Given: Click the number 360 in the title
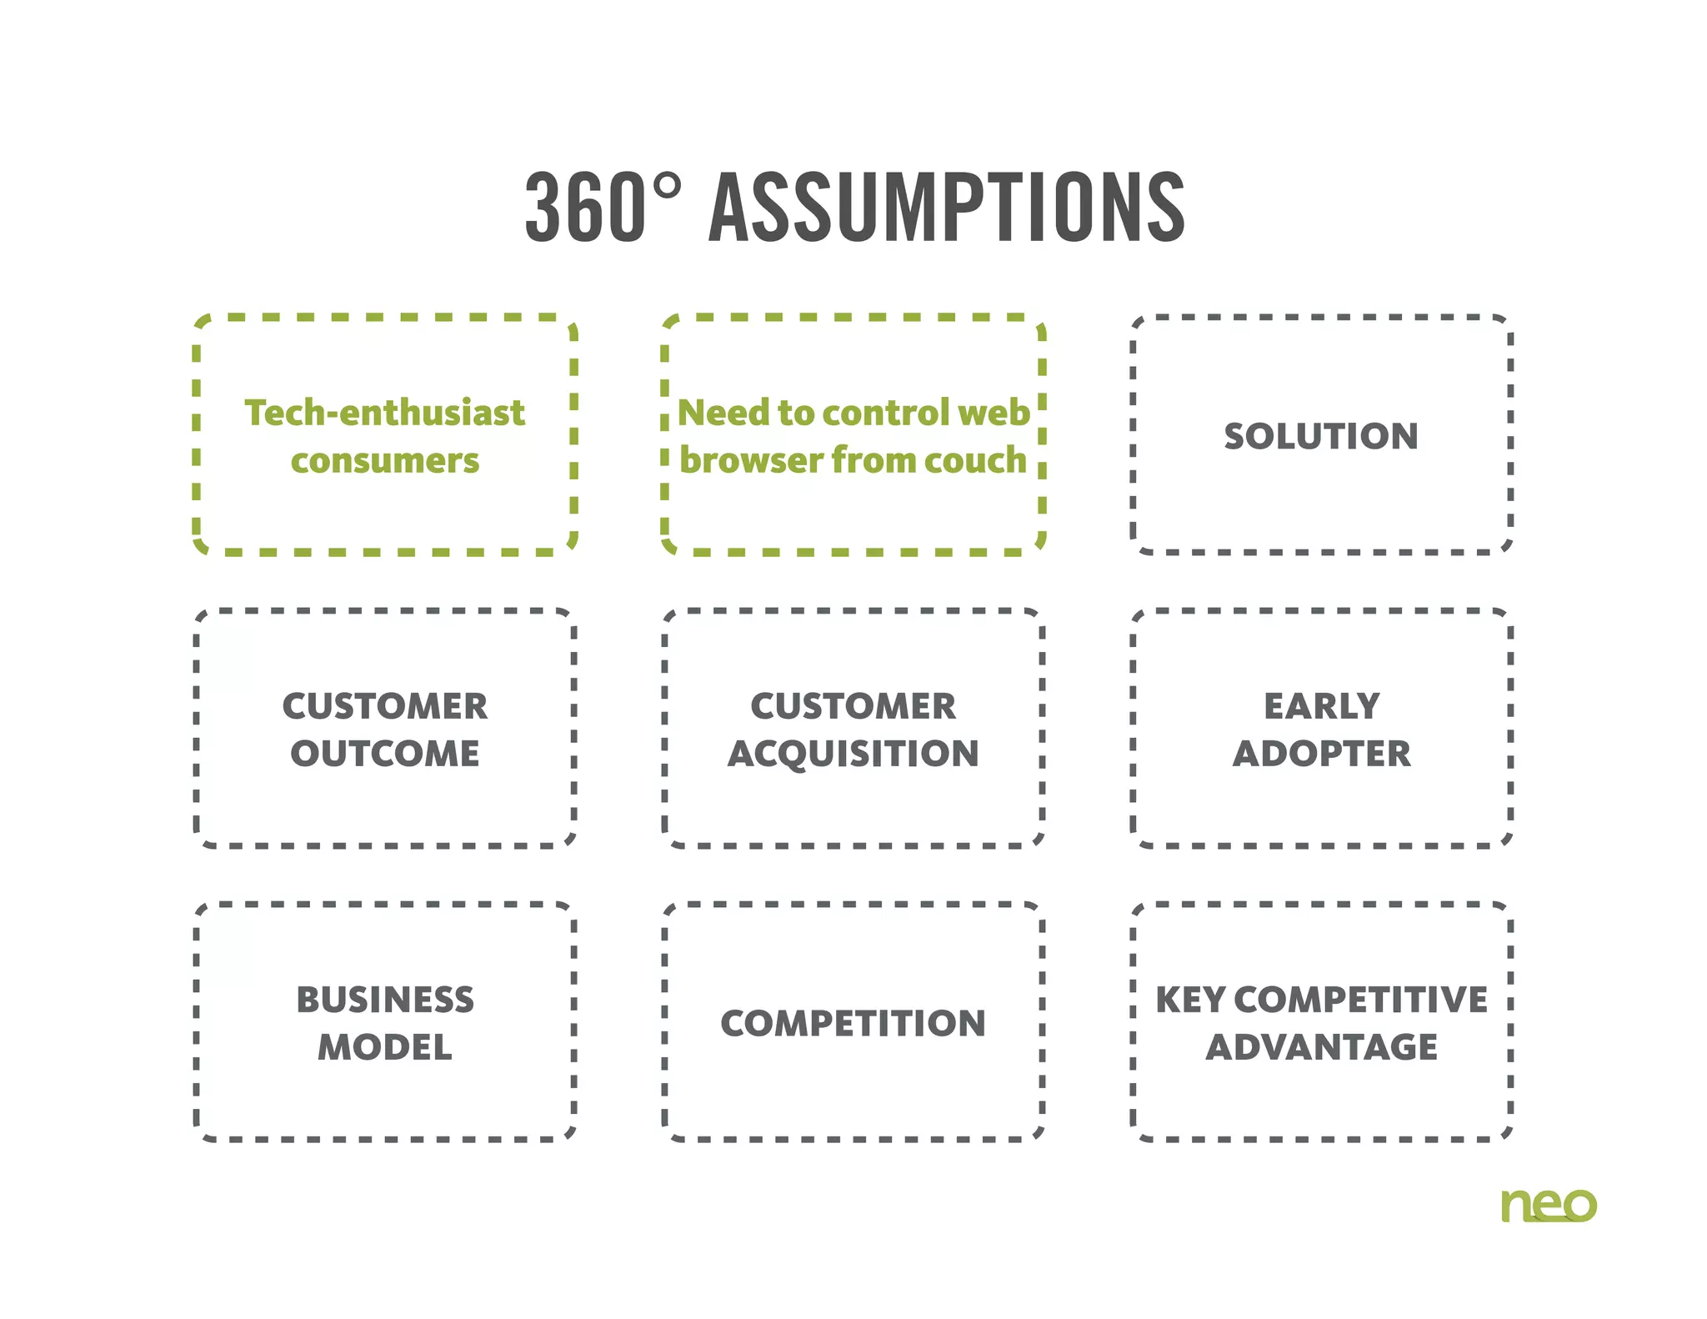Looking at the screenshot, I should tap(585, 208).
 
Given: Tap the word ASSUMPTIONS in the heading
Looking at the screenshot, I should tap(946, 208).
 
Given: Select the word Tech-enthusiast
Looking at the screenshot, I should tap(384, 413).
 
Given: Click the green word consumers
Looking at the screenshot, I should tap(384, 460).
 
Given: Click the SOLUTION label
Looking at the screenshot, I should tap(1321, 436).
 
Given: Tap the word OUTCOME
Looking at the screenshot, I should tap(384, 754).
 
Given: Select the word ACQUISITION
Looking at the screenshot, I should tap(853, 754).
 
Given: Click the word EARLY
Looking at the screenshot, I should tap(1321, 706).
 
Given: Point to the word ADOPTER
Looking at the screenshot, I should tap(1321, 754).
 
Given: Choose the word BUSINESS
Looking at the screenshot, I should tap(384, 1000).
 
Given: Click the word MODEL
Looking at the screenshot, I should tap(384, 1047).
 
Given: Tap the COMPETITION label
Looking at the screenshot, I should tap(853, 1023).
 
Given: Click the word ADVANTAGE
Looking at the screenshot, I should tap(1321, 1047).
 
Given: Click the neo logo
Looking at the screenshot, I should tap(1548, 1205).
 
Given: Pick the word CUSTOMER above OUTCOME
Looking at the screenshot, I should tap(384, 706).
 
